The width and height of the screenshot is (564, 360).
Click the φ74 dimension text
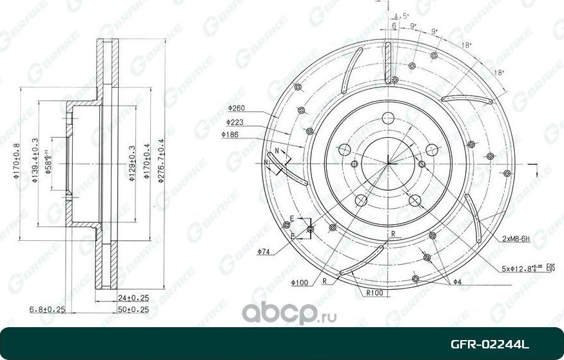[262, 252]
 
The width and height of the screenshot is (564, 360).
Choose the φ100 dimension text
[299, 281]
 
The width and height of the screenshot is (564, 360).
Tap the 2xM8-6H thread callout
[516, 239]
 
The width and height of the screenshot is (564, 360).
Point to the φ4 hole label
[457, 282]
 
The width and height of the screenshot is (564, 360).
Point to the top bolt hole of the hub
[387, 118]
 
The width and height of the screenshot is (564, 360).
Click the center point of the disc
[387, 161]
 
